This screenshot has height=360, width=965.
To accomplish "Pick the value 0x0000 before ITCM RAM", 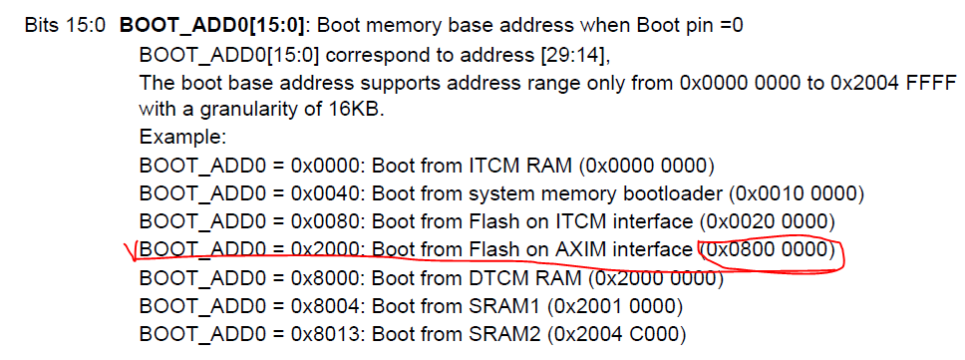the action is [x=318, y=164].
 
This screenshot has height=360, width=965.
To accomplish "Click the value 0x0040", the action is [x=318, y=191].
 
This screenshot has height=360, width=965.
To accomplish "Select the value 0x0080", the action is [x=318, y=219].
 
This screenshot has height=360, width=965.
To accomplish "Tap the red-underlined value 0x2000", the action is [x=318, y=247].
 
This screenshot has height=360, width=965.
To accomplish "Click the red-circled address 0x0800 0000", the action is [x=769, y=247].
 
